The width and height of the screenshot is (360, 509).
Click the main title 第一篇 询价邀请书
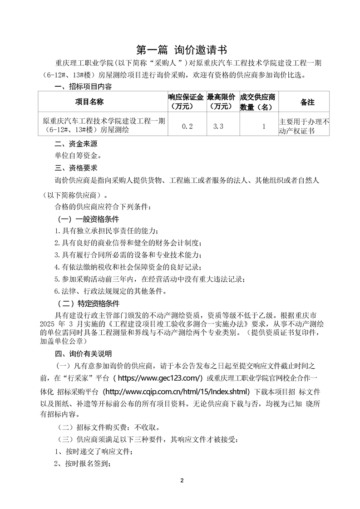(180, 49)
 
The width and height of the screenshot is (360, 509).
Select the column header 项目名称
(89, 102)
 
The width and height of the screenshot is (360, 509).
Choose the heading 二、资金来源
(75, 144)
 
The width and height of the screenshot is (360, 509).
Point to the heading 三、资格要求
(75, 167)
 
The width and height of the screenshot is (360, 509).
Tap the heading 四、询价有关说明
(83, 353)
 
